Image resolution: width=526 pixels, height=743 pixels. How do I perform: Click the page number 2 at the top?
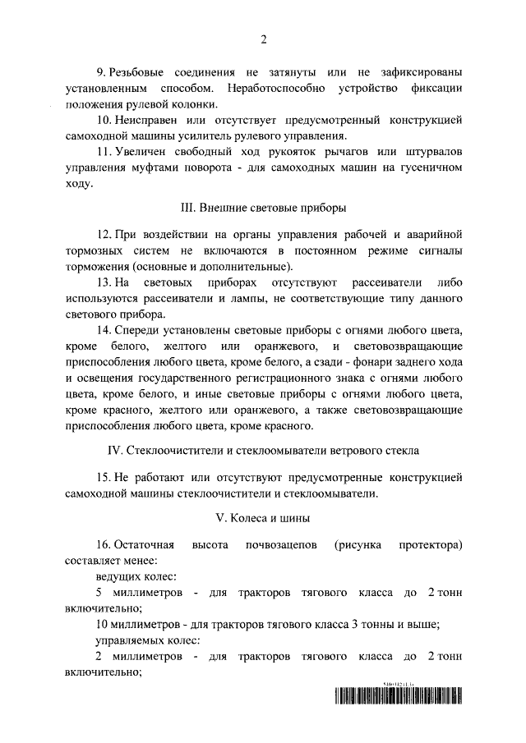[263, 38]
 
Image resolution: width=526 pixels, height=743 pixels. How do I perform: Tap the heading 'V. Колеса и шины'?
[263, 519]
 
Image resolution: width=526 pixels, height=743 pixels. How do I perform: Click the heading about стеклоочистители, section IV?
[263, 451]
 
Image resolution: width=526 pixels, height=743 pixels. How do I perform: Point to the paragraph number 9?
[101, 71]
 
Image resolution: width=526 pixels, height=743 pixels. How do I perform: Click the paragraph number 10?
[104, 120]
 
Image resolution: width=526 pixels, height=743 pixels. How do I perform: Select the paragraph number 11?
[104, 153]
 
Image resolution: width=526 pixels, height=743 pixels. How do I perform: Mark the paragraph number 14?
[104, 332]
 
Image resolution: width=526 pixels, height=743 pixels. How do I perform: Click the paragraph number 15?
[104, 477]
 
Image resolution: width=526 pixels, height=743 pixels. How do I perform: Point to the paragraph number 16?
[104, 546]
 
